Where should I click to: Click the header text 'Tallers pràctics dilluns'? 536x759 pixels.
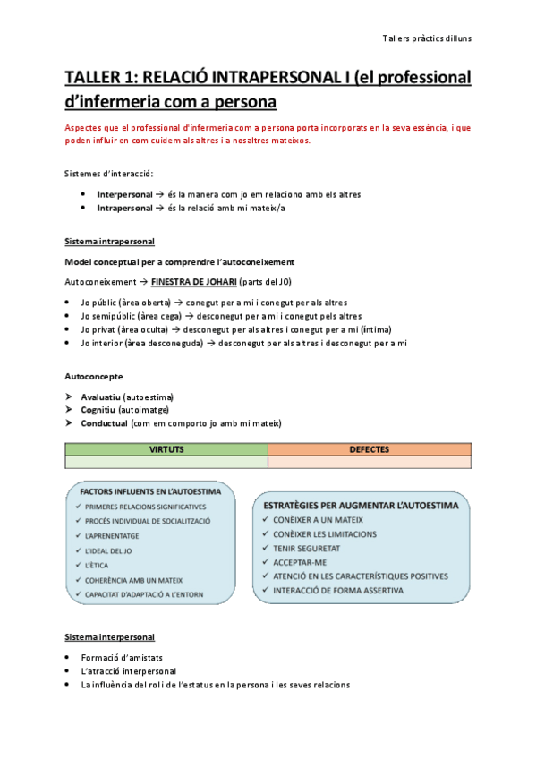[426, 38]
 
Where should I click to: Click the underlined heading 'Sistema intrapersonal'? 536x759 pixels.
[109, 242]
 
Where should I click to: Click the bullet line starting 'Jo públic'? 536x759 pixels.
[213, 302]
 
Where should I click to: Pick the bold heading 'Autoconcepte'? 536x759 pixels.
[94, 376]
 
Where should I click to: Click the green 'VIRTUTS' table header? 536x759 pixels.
[166, 449]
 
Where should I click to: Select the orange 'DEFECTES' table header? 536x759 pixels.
[369, 449]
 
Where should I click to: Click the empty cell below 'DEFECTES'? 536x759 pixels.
[369, 462]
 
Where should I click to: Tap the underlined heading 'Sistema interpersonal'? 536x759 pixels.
[109, 636]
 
